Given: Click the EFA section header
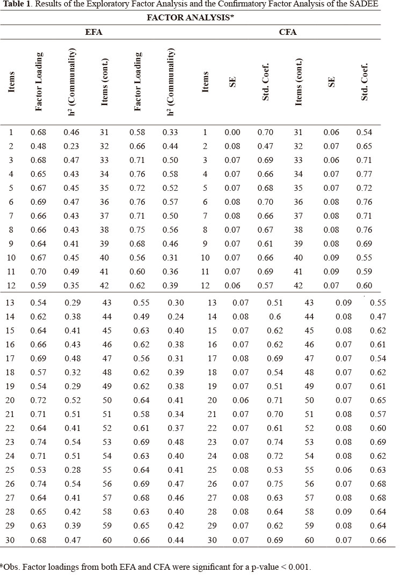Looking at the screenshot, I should [x=94, y=32].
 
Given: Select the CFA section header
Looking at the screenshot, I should [x=288, y=32].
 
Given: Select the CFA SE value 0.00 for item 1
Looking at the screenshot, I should [x=232, y=132].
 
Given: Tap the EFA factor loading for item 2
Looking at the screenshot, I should [x=39, y=146].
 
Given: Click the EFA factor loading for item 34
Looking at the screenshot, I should [x=137, y=174].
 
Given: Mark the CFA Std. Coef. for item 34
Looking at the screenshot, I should [x=365, y=174].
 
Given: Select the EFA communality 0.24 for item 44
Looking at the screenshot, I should [x=176, y=317].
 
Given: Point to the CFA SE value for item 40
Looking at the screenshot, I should [x=331, y=258].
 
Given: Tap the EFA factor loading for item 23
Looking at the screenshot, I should [x=39, y=442].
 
